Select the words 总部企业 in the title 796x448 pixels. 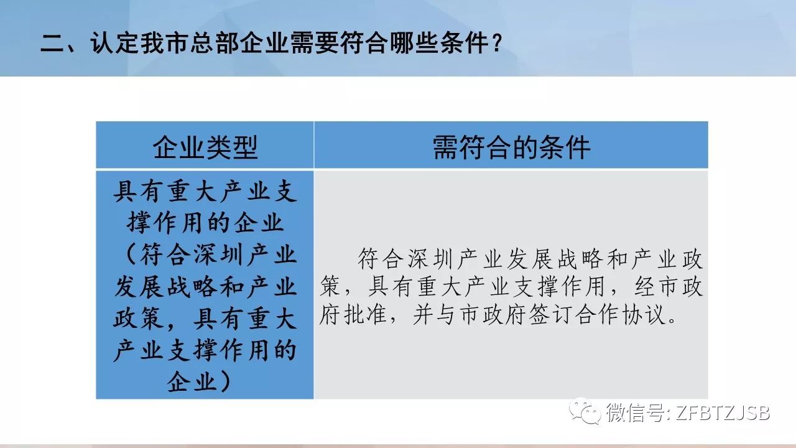[239, 43]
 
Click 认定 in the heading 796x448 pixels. [114, 43]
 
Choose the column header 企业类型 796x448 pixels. [205, 147]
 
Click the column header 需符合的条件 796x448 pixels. [511, 147]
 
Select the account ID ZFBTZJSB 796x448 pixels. [723, 413]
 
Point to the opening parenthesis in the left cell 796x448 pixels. [130, 254]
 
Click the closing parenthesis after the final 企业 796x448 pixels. [225, 382]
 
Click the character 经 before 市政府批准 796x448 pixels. [644, 286]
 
